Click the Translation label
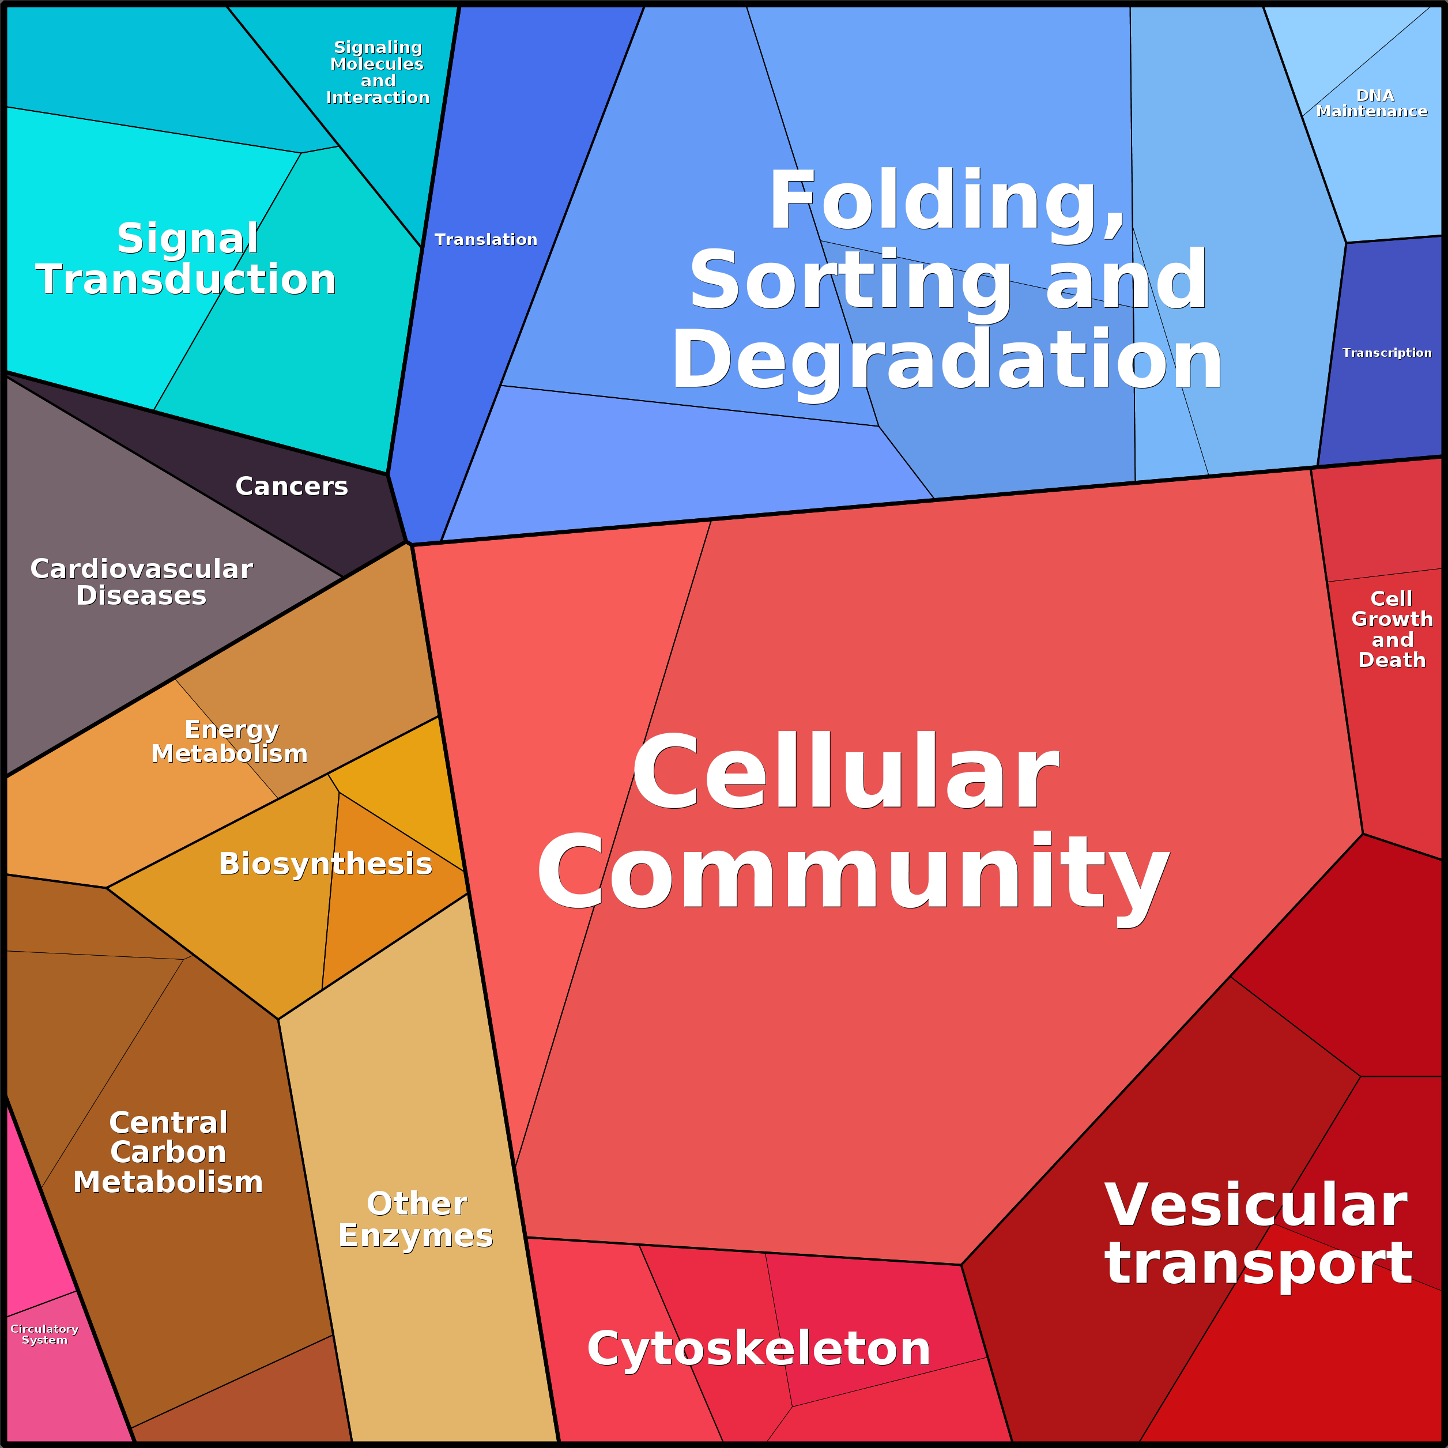click(x=486, y=240)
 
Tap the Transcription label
click(x=1386, y=352)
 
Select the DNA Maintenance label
click(x=1372, y=103)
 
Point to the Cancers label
click(x=292, y=487)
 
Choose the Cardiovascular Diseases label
click(x=141, y=582)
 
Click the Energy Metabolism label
click(x=230, y=741)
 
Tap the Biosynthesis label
click(x=325, y=863)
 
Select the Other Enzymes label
click(x=416, y=1219)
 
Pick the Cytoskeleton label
click(x=759, y=1348)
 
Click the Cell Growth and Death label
click(x=1392, y=629)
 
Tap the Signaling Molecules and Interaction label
click(x=378, y=72)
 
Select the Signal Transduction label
click(x=186, y=259)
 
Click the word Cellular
click(x=846, y=771)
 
